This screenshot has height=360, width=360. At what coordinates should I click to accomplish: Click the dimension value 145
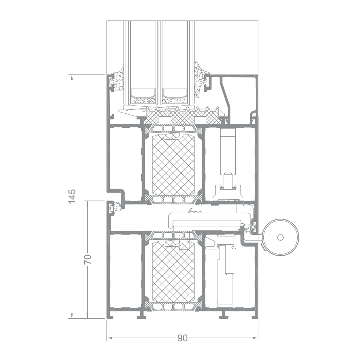point(72,196)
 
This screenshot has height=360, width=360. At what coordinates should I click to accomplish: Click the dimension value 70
point(88,259)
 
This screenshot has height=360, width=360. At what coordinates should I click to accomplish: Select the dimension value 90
point(182,338)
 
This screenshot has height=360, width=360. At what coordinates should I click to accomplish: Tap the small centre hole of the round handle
point(280,237)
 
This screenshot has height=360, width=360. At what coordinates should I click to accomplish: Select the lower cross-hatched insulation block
point(173,272)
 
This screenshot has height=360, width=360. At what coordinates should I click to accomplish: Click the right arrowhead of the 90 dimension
point(255,338)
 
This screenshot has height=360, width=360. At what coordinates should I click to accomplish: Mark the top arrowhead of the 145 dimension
point(72,77)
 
